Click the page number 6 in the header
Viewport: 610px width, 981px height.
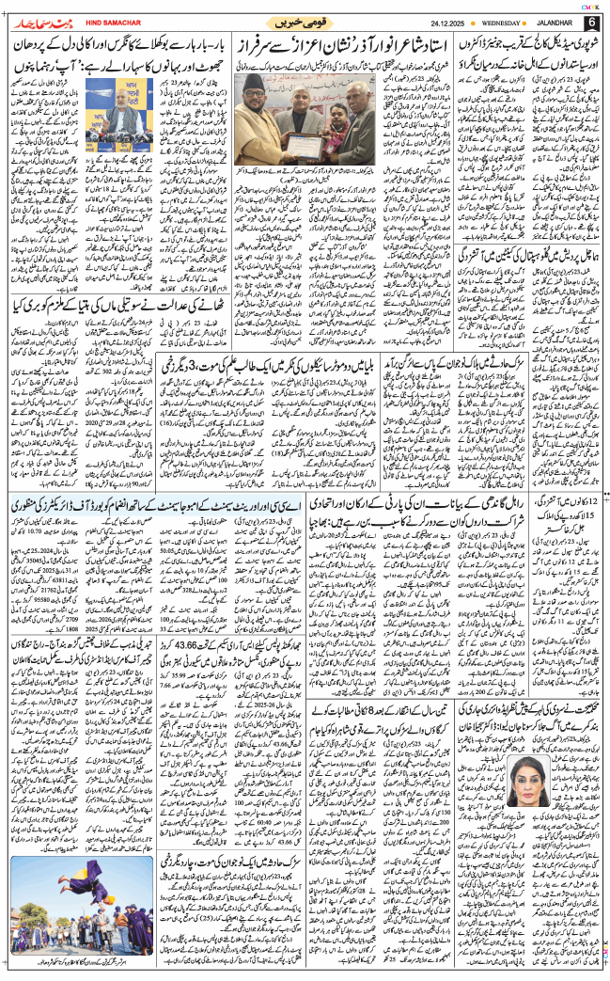(x=591, y=21)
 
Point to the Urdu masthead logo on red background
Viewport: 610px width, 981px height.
(x=39, y=20)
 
